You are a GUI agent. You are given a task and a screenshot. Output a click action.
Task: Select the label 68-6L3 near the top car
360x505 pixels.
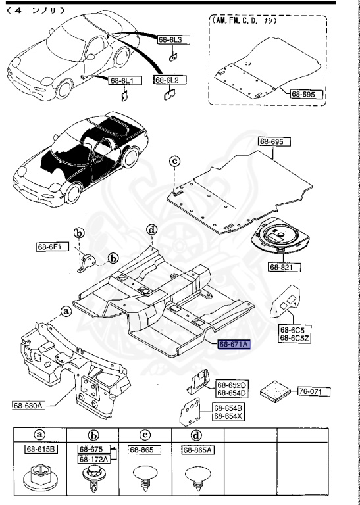[x=173, y=40]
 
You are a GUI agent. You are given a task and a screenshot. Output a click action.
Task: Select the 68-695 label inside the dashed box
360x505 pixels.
[x=307, y=94]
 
